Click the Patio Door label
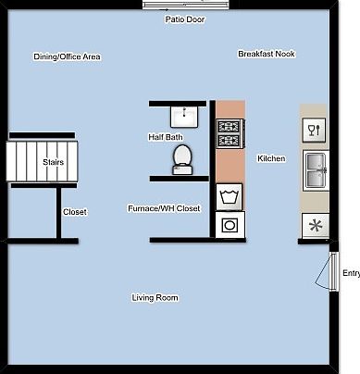(x=184, y=19)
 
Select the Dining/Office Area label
(x=67, y=57)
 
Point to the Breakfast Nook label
(x=267, y=54)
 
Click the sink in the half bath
(x=185, y=116)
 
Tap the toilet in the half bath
(x=182, y=159)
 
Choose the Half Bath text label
(x=166, y=137)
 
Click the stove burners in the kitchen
(x=229, y=133)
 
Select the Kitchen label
(x=271, y=159)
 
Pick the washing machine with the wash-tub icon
(x=229, y=195)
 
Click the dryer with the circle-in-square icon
(x=229, y=224)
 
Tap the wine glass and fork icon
(x=314, y=130)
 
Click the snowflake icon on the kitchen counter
(x=315, y=225)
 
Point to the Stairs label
(x=53, y=163)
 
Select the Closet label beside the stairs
(x=75, y=212)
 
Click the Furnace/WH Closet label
(x=164, y=209)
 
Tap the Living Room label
(x=155, y=298)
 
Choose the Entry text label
(x=351, y=273)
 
